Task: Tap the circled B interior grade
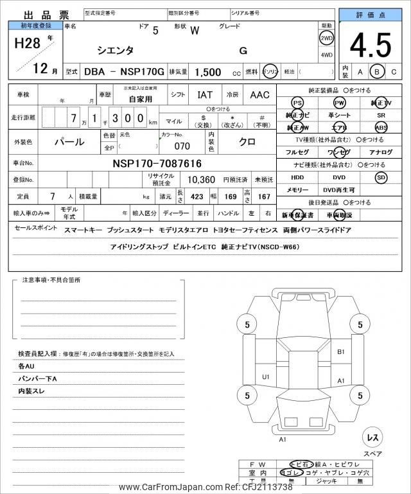coord(378,72)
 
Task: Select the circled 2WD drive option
coord(326,38)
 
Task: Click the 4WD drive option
coord(326,55)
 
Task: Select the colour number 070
coord(183,146)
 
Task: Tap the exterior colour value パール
coord(69,141)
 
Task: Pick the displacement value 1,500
coord(208,73)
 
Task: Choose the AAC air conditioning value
coord(259,95)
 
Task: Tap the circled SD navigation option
coord(381,177)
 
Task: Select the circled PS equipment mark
coord(297,103)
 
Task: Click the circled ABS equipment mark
coord(381,127)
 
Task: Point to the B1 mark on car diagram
coord(341,351)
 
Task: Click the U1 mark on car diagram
coord(266,377)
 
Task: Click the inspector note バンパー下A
coord(38,378)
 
